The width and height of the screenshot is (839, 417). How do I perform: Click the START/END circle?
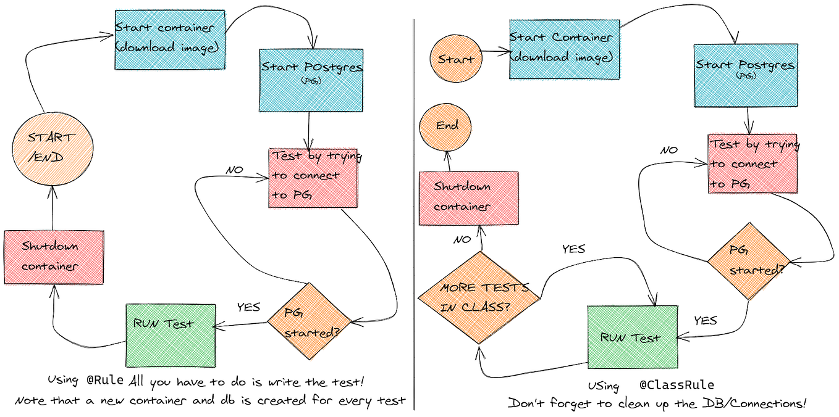coord(53,148)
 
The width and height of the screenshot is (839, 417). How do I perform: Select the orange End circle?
coord(447,127)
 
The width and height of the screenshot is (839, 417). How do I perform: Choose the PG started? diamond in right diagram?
coord(749,260)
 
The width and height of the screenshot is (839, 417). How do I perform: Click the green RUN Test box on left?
coord(171,335)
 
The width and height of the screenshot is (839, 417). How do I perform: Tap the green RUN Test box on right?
coord(631,337)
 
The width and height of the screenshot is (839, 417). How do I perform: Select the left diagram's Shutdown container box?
coord(53,257)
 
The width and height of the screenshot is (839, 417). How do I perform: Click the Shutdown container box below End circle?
coord(468,197)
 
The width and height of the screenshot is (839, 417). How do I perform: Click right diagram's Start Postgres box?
coord(746,76)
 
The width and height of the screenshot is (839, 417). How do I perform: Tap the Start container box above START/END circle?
coord(170,39)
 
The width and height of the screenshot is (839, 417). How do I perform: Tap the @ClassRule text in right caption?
coord(676,385)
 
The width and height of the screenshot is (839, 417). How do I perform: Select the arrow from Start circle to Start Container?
coord(494,52)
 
